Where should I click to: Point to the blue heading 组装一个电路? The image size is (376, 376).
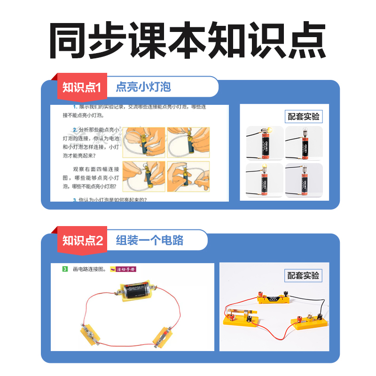pyautogui.click(x=149, y=241)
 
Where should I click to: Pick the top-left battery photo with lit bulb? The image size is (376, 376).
pyautogui.click(x=265, y=143)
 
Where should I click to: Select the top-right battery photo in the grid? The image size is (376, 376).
pyautogui.click(x=304, y=143)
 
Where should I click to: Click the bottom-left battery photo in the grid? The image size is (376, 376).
pyautogui.click(x=265, y=180)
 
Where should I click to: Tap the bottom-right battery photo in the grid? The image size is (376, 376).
pyautogui.click(x=304, y=180)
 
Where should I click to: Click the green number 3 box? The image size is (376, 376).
pyautogui.click(x=65, y=269)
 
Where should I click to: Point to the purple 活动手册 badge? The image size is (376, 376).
pyautogui.click(x=125, y=269)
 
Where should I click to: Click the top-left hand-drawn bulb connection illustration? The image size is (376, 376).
pyautogui.click(x=144, y=142)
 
